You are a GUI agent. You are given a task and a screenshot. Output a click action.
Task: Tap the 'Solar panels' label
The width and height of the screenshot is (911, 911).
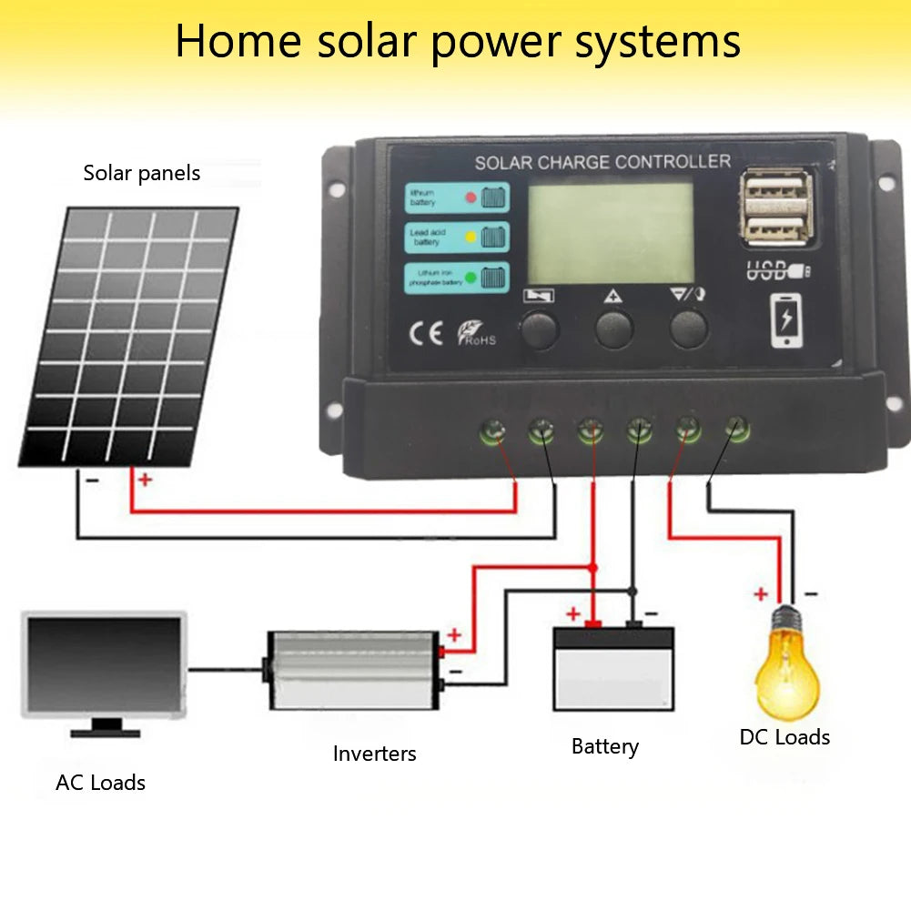[x=142, y=173]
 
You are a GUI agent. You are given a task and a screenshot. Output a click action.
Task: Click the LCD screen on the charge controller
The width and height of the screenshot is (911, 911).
[x=612, y=233]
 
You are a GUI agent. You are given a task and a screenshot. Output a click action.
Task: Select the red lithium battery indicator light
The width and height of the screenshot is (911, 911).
[x=471, y=197]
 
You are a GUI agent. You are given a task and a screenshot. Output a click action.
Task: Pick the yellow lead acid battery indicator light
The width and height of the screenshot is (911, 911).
[x=471, y=237]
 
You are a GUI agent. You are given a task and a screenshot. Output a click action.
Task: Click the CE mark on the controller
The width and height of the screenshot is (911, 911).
[x=425, y=334]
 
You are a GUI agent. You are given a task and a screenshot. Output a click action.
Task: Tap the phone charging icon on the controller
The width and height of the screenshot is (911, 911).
[x=787, y=321]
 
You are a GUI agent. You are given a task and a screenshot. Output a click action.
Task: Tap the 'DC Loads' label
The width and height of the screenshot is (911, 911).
[x=784, y=737]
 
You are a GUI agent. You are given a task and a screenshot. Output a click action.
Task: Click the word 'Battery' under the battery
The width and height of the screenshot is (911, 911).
[x=605, y=747]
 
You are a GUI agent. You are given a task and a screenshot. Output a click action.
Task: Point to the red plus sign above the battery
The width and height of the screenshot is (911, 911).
[x=573, y=612]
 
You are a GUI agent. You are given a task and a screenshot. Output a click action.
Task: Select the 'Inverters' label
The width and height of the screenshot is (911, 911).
[x=374, y=754]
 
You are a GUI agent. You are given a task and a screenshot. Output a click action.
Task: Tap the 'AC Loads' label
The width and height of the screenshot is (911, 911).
[x=100, y=783]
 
